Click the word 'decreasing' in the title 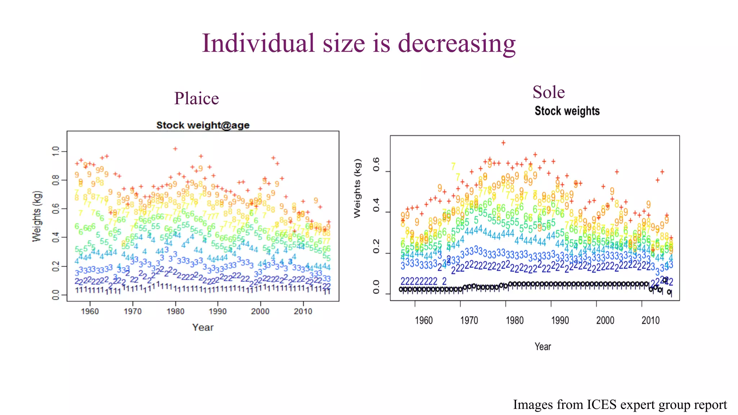[x=457, y=44]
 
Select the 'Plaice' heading [x=196, y=98]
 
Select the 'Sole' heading [x=548, y=92]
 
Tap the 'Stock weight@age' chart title [x=203, y=125]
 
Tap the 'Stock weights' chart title [x=567, y=111]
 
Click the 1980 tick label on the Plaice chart [x=175, y=311]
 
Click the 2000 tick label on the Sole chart [x=605, y=320]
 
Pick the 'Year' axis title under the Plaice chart [x=203, y=327]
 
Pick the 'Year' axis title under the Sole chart [x=543, y=347]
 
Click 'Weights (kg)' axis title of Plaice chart [x=37, y=216]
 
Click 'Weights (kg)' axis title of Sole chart [x=357, y=188]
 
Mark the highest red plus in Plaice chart [x=175, y=148]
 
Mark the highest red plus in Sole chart [x=503, y=143]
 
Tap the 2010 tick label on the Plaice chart [x=303, y=311]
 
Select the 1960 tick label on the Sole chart [x=423, y=320]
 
